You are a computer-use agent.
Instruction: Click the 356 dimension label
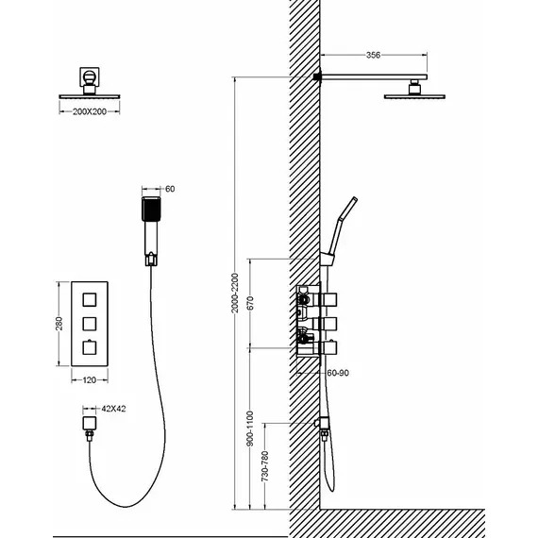373,55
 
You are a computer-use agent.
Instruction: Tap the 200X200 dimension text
90,111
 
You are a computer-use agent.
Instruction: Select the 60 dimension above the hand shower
170,189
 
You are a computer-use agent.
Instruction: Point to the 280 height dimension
59,324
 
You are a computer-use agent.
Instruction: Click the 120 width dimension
90,379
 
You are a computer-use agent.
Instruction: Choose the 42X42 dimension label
113,409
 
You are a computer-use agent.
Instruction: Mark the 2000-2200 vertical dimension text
234,293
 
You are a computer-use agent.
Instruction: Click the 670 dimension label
250,303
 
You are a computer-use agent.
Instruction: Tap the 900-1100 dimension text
250,429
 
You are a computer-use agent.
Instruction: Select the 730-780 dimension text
265,466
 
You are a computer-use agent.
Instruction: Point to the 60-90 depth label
338,373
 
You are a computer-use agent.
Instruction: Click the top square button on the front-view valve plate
90,299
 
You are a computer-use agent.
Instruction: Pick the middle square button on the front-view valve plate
90,324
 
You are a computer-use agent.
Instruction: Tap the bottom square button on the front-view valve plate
90,348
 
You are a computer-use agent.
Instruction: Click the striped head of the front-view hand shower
151,209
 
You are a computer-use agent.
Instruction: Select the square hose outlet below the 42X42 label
90,423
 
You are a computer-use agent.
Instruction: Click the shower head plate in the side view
414,97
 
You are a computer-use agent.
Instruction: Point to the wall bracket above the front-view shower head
90,76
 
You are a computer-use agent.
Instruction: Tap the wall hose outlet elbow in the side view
322,423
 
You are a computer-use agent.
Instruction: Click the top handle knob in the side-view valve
328,299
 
